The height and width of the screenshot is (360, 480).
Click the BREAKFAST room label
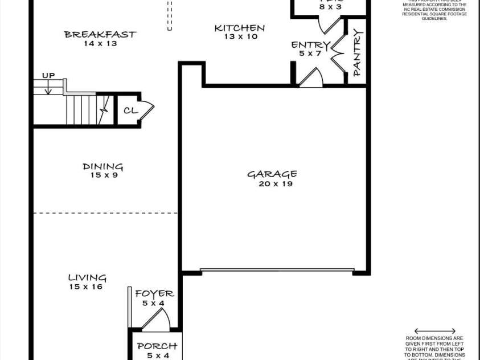100,34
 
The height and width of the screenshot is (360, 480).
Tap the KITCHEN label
239,28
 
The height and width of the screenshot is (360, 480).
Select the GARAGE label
272,174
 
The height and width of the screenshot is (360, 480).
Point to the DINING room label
103,167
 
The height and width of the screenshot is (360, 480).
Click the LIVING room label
87,278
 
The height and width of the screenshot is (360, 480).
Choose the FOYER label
154,294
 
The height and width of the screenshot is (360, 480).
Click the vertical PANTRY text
357,52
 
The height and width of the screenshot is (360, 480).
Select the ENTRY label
310,45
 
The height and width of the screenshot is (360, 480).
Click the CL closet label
130,110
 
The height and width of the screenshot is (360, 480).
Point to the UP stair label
48,76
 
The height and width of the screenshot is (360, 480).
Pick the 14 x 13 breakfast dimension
100,43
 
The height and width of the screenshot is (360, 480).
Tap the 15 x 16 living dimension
86,287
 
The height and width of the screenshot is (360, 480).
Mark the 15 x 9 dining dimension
103,175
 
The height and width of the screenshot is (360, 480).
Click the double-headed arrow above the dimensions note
435,331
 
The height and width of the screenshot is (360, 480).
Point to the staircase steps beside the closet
85,109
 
